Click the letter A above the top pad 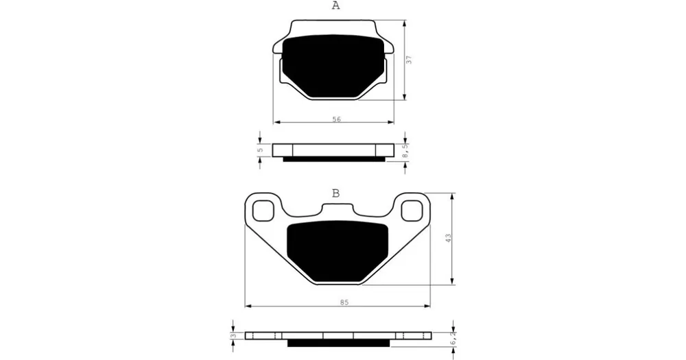(x=335, y=5)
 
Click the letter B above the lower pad (x=335, y=193)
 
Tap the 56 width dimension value (x=336, y=119)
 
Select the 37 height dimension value (x=409, y=60)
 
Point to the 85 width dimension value (x=344, y=302)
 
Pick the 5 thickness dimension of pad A (x=260, y=150)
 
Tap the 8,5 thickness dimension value (x=405, y=151)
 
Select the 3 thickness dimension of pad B (x=234, y=336)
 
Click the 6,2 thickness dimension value (x=453, y=337)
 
